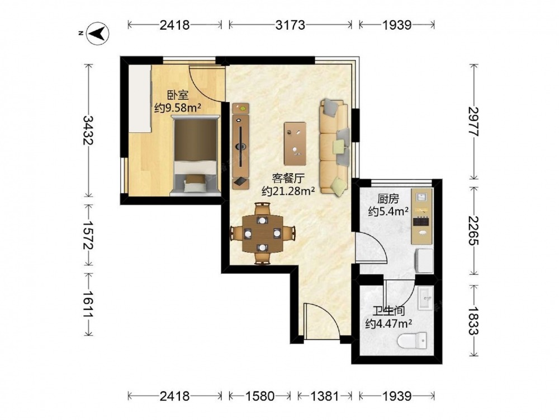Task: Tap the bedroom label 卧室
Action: pyautogui.click(x=178, y=95)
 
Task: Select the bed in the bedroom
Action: pyautogui.click(x=195, y=156)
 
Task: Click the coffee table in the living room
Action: pyautogui.click(x=295, y=143)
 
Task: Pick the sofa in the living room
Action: pyautogui.click(x=334, y=146)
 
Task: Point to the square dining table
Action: pyautogui.click(x=262, y=234)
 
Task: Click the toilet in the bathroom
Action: pyautogui.click(x=412, y=340)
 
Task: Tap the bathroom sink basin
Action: pyautogui.click(x=425, y=297)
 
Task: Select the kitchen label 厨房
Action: pyautogui.click(x=389, y=199)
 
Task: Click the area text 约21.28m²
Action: pyautogui.click(x=288, y=191)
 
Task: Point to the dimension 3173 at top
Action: pyautogui.click(x=290, y=25)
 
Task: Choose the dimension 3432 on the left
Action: pyautogui.click(x=88, y=130)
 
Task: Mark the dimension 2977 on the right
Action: pyautogui.click(x=474, y=122)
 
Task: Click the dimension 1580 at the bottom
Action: pyautogui.click(x=259, y=396)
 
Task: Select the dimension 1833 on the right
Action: pyautogui.click(x=474, y=321)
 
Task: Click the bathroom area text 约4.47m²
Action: pyautogui.click(x=389, y=324)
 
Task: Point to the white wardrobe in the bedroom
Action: pyautogui.click(x=140, y=99)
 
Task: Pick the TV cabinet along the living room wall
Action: pyautogui.click(x=241, y=146)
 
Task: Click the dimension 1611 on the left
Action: pyautogui.click(x=88, y=304)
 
